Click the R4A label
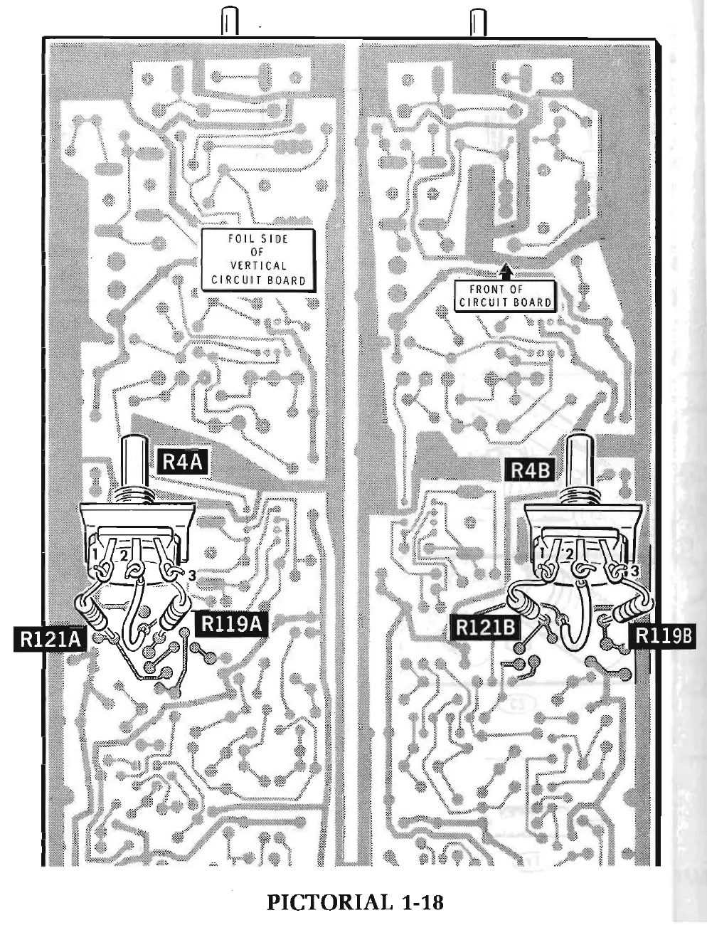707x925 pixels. pos(182,462)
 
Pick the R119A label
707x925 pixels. pos(233,623)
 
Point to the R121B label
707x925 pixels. pos(487,628)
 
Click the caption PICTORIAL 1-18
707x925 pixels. pos(354,903)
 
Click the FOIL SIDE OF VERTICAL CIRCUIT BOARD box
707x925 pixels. pos(257,259)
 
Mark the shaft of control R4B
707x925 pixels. pos(580,462)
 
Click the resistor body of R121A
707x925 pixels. pos(95,613)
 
